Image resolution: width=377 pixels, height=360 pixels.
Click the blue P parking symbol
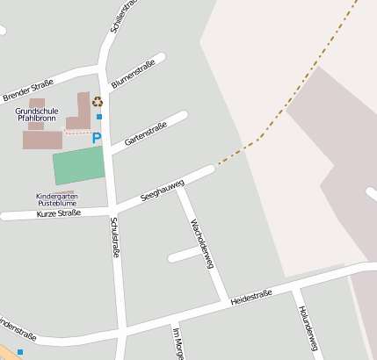[97, 139]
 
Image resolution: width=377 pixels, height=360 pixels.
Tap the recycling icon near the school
[97, 102]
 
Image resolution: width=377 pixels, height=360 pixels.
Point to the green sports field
[78, 165]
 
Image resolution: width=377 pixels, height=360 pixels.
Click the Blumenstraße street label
[133, 77]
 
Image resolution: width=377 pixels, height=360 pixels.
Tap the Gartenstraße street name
[145, 133]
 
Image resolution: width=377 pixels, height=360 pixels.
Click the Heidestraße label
[251, 298]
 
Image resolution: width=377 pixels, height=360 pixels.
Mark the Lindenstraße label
[18, 332]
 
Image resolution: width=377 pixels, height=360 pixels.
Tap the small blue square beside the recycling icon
[99, 117]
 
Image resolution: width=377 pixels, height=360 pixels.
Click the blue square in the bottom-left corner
[19, 352]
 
